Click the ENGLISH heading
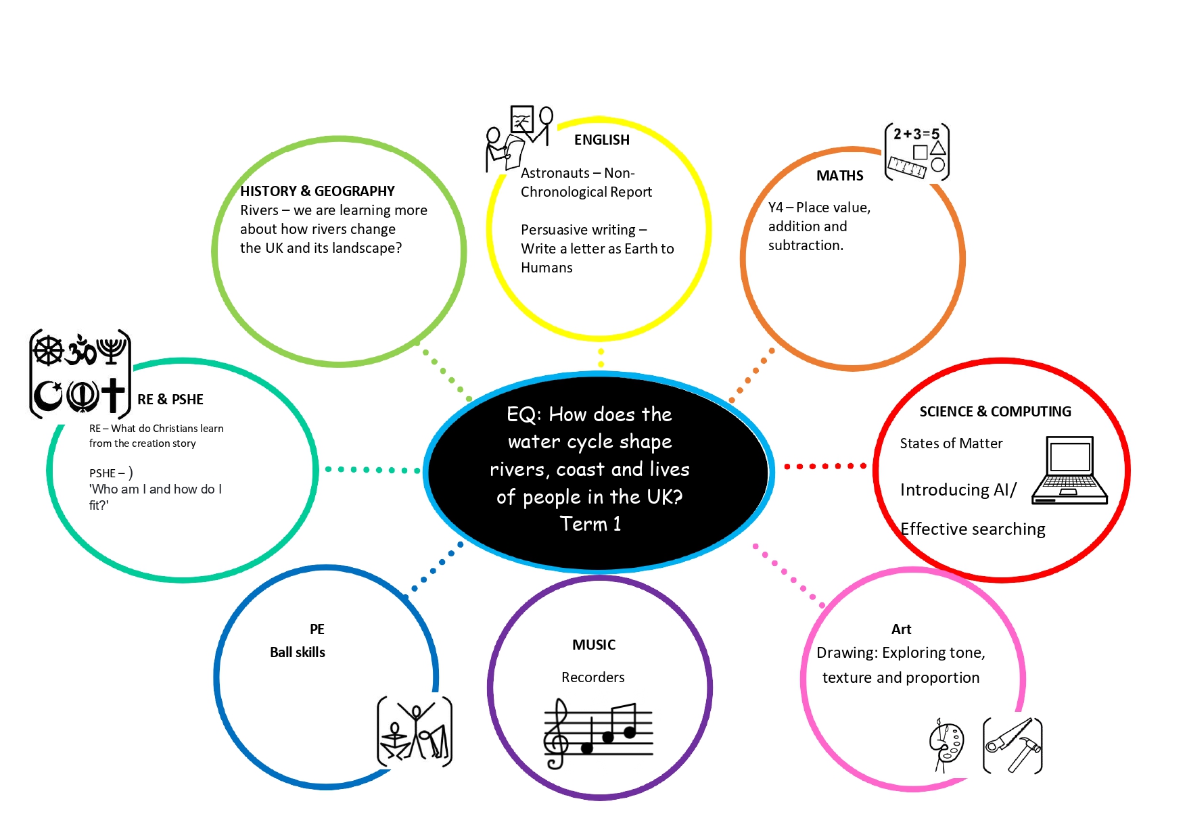(601, 140)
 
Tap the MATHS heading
(839, 176)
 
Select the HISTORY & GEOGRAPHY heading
(317, 191)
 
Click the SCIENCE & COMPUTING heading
(995, 412)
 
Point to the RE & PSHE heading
(170, 400)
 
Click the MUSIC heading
(594, 645)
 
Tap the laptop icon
(1070, 471)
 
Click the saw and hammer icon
(1013, 746)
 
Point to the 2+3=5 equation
(916, 134)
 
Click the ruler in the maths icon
(906, 167)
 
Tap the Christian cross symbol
(114, 395)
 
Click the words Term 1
(590, 524)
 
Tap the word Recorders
(593, 677)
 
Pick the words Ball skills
(298, 652)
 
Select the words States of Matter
(951, 444)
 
